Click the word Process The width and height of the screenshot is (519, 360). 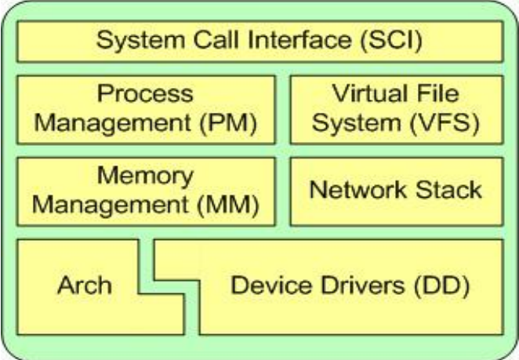(x=145, y=95)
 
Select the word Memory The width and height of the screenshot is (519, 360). (x=145, y=177)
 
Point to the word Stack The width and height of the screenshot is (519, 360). (x=448, y=191)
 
